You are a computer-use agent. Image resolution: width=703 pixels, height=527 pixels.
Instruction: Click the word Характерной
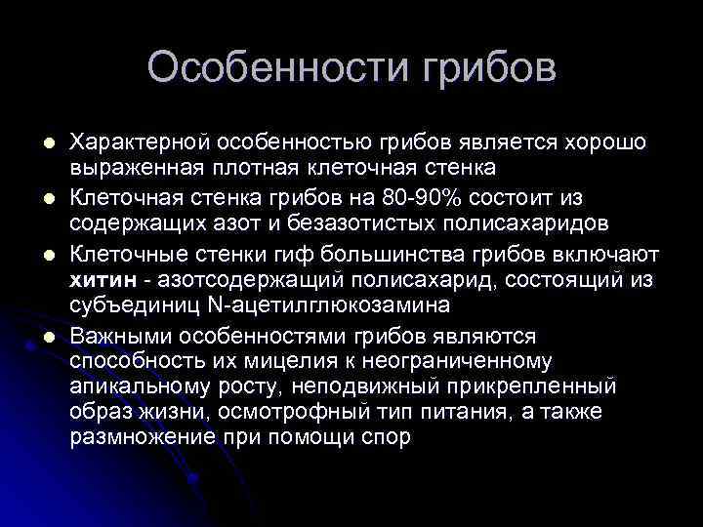pyautogui.click(x=140, y=143)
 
